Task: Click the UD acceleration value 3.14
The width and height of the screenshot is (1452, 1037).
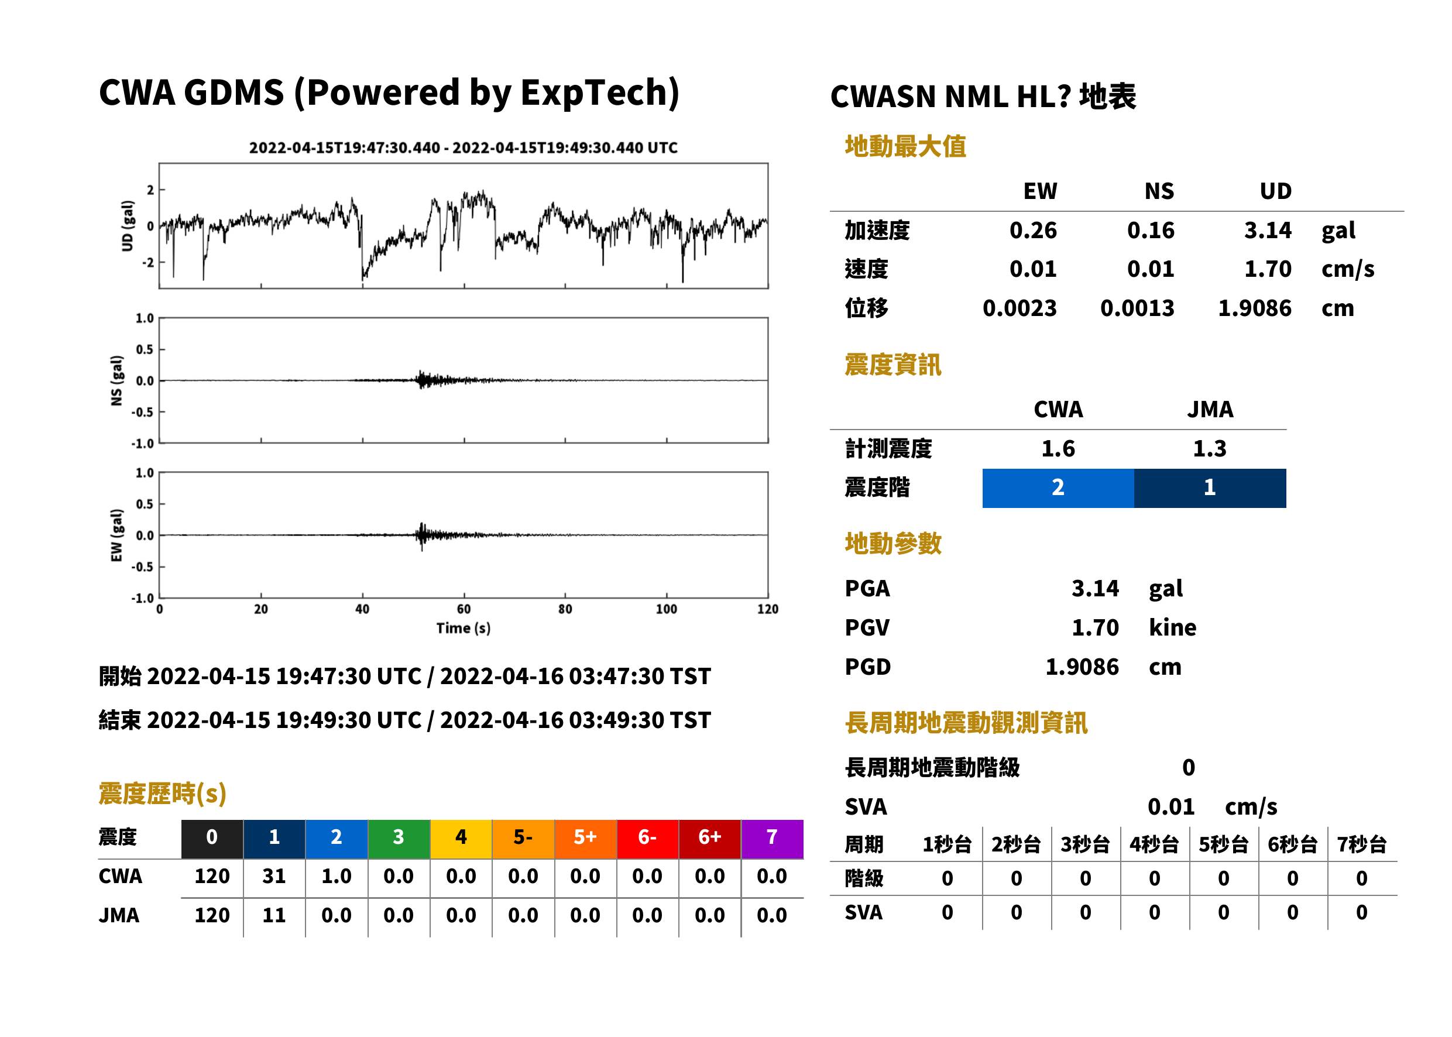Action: tap(1268, 231)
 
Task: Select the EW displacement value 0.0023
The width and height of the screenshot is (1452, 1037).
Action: tap(1019, 308)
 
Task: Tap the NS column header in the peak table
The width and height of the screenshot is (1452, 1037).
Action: tap(1159, 191)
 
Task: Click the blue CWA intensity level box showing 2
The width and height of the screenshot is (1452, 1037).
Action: tap(1058, 488)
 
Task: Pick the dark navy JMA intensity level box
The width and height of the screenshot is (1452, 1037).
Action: tap(1210, 488)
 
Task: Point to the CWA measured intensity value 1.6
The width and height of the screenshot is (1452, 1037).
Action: tap(1058, 448)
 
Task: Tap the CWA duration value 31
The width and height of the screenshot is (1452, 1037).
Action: tap(274, 876)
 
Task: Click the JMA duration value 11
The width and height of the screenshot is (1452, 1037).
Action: tap(274, 916)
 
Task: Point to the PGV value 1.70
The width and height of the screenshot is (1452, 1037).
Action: tap(1095, 628)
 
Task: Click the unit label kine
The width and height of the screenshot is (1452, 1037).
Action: tap(1172, 628)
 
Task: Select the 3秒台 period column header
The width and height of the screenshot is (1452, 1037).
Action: tap(1085, 845)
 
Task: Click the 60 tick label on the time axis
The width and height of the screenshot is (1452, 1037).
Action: tap(464, 609)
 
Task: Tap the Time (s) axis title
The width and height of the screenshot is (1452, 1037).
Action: tap(464, 629)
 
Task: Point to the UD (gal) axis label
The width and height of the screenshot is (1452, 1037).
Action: tap(128, 225)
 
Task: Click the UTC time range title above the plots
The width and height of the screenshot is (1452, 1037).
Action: tap(463, 147)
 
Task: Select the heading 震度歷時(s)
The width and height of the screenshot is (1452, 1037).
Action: tap(163, 794)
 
